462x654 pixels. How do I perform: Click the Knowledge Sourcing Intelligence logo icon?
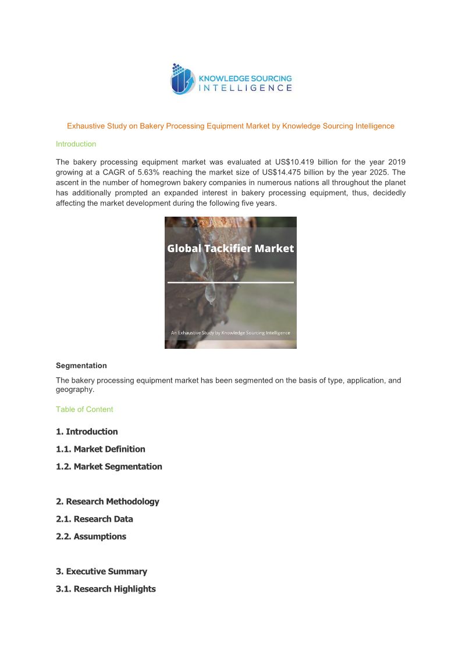182,79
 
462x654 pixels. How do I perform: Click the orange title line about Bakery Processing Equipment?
230,126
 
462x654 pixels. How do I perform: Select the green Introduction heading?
76,144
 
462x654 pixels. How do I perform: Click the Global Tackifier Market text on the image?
230,249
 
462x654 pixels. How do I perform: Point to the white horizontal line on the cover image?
230,282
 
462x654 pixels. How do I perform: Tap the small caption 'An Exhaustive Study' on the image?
230,333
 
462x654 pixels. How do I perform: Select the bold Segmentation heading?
81,366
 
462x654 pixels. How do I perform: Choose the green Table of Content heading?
84,409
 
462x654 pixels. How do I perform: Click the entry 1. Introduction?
87,432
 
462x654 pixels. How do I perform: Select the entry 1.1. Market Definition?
101,449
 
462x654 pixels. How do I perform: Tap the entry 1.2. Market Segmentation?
109,466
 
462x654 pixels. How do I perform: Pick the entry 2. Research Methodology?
108,501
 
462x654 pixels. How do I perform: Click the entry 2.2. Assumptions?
91,536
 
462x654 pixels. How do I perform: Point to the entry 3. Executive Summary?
101,571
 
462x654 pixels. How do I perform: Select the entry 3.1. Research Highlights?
106,589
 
